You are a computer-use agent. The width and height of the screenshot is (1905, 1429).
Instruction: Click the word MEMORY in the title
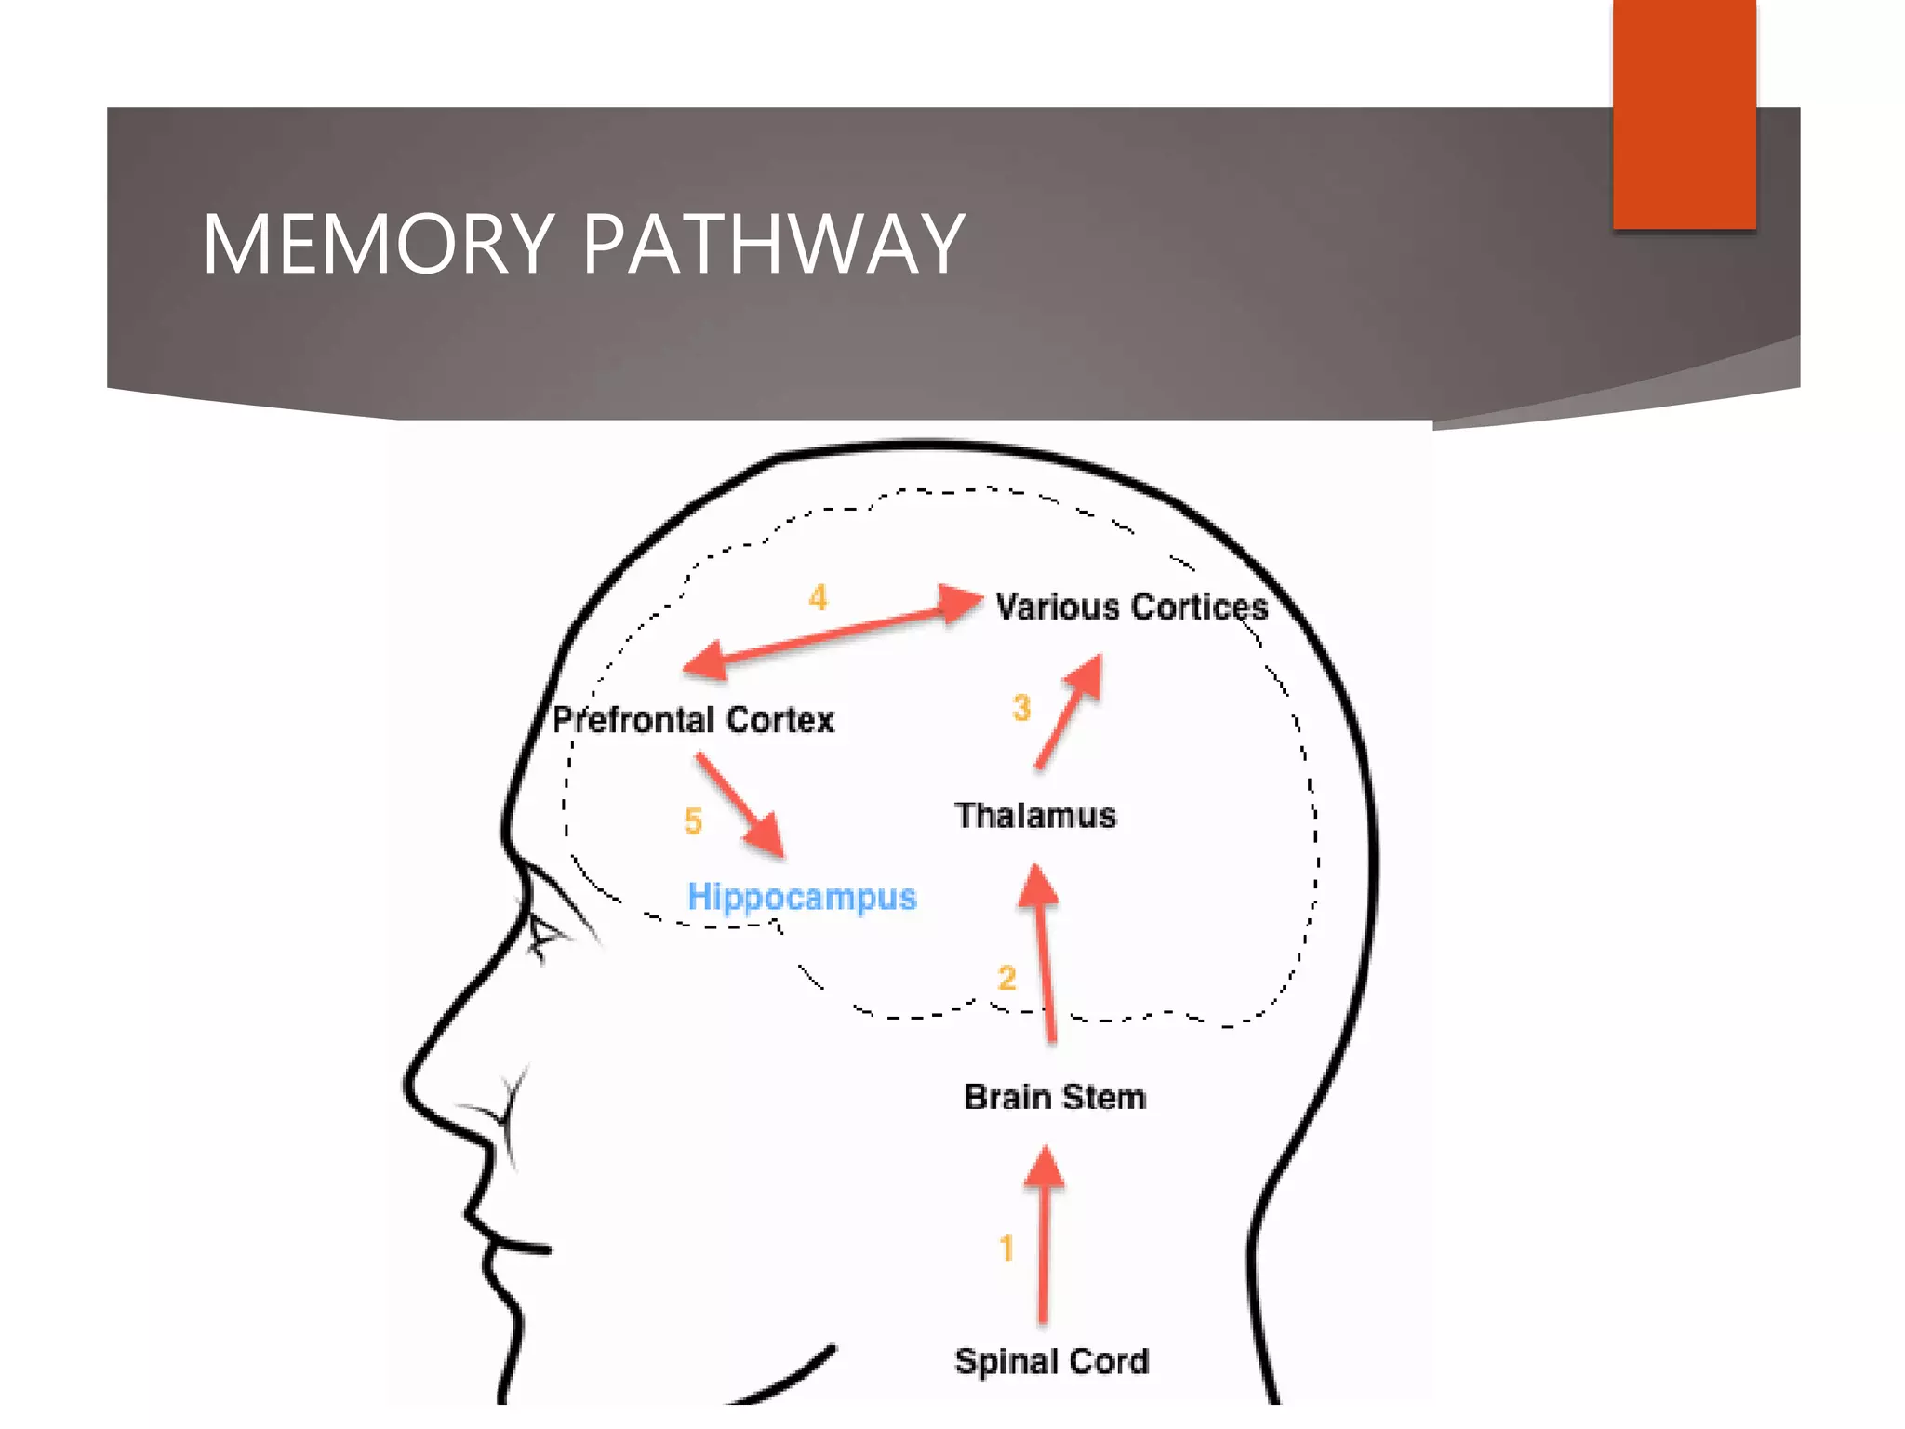[x=378, y=244]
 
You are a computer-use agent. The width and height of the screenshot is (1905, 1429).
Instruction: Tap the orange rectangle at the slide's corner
[x=1684, y=114]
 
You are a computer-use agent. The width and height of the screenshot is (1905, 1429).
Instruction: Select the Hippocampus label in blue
[x=802, y=897]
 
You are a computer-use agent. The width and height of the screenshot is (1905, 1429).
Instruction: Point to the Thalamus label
[x=1035, y=815]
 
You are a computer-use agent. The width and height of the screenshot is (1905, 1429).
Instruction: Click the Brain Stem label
[x=1055, y=1097]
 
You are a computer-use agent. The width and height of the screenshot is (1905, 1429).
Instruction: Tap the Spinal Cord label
[x=1052, y=1361]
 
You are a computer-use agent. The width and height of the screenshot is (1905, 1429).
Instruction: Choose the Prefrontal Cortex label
[x=693, y=719]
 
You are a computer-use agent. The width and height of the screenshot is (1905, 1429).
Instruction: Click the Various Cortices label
[x=1131, y=607]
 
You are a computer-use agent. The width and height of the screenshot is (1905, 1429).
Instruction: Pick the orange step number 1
[x=1006, y=1248]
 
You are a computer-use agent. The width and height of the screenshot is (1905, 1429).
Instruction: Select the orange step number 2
[x=1006, y=978]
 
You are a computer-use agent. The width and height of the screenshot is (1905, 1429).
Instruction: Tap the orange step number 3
[x=1021, y=708]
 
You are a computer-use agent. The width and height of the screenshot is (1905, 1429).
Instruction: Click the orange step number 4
[x=818, y=597]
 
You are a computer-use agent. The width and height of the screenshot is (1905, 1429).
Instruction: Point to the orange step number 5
[x=693, y=821]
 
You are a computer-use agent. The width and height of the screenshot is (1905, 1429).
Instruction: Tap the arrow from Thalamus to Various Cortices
[x=1068, y=713]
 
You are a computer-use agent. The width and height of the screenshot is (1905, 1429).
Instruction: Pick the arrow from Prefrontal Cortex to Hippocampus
[x=739, y=804]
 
